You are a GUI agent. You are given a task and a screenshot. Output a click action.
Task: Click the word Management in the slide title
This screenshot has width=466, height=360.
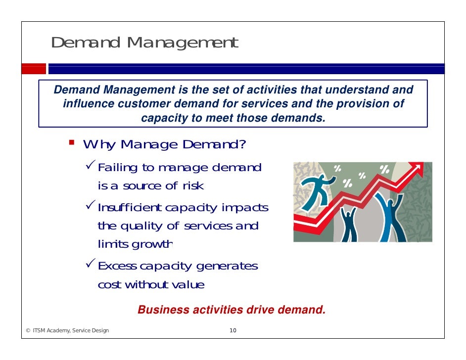182,43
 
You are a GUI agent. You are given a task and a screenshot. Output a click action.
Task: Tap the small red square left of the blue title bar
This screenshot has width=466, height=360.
33,69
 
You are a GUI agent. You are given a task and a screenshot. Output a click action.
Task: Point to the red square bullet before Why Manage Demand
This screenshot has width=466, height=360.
72,143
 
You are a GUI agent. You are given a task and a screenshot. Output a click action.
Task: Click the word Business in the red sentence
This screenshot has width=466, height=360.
163,310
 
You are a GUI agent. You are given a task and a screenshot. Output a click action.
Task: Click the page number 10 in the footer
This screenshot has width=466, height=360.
233,331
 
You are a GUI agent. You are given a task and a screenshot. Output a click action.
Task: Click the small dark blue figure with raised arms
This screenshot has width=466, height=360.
349,222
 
